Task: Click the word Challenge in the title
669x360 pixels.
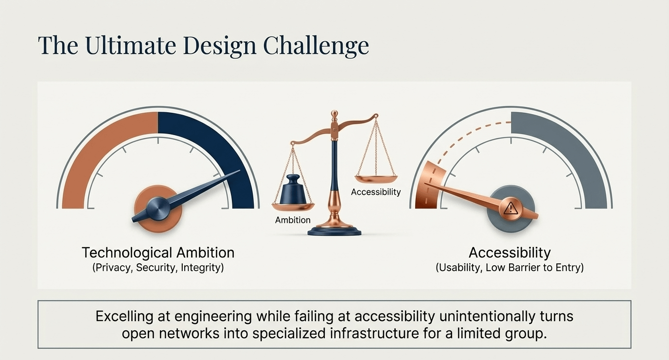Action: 316,45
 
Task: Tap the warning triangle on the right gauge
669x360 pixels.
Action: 510,208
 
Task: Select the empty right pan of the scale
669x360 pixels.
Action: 376,179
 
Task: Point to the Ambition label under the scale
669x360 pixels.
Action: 293,220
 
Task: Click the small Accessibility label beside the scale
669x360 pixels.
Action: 376,192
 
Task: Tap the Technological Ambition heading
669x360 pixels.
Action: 158,253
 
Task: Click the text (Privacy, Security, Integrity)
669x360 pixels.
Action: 158,268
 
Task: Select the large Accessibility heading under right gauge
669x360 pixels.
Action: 510,253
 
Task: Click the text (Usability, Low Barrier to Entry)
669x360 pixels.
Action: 510,268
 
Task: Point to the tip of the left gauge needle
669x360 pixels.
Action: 240,171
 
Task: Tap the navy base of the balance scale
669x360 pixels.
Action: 334,231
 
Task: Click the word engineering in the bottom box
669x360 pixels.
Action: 213,317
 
